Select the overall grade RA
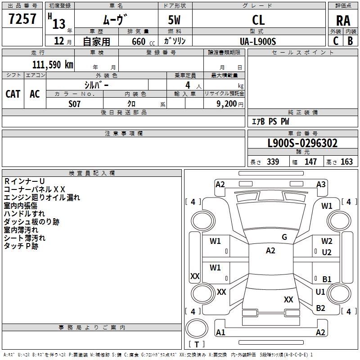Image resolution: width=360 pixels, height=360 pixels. tap(343, 20)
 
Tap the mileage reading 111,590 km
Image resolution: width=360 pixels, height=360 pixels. tap(53, 64)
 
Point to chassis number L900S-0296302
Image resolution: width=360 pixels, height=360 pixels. tap(302, 144)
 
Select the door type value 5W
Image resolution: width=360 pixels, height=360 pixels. tap(175, 20)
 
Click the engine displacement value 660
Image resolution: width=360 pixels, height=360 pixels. tap(139, 41)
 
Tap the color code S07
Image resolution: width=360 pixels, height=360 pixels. tap(75, 103)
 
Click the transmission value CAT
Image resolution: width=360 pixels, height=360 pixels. tap(13, 94)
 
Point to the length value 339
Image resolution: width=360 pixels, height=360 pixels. tap(273, 162)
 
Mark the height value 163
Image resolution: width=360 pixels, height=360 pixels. tap(346, 162)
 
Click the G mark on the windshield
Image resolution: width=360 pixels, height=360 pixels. tap(284, 237)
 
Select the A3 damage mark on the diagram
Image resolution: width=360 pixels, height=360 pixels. tap(321, 184)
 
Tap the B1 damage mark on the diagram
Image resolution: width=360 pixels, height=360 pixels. tap(327, 279)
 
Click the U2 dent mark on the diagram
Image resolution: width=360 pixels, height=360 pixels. tap(327, 252)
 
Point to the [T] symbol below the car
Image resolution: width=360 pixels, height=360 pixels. tap(196, 344)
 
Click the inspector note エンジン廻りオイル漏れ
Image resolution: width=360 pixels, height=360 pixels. tap(42, 197)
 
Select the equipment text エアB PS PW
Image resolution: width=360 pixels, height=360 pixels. tap(270, 121)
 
